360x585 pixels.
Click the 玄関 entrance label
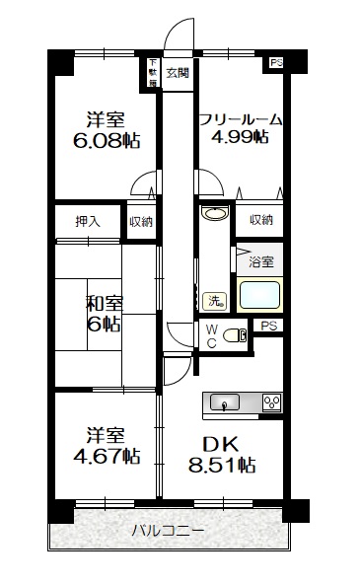179,72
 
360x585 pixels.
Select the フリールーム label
240,119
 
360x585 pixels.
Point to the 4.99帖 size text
240,139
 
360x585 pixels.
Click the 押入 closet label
88,221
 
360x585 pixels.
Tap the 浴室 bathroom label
261,262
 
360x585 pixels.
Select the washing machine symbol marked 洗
212,300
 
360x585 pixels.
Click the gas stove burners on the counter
270,401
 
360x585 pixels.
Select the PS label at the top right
275,63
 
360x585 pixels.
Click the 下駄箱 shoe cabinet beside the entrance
153,72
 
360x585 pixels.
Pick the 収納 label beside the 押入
141,221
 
